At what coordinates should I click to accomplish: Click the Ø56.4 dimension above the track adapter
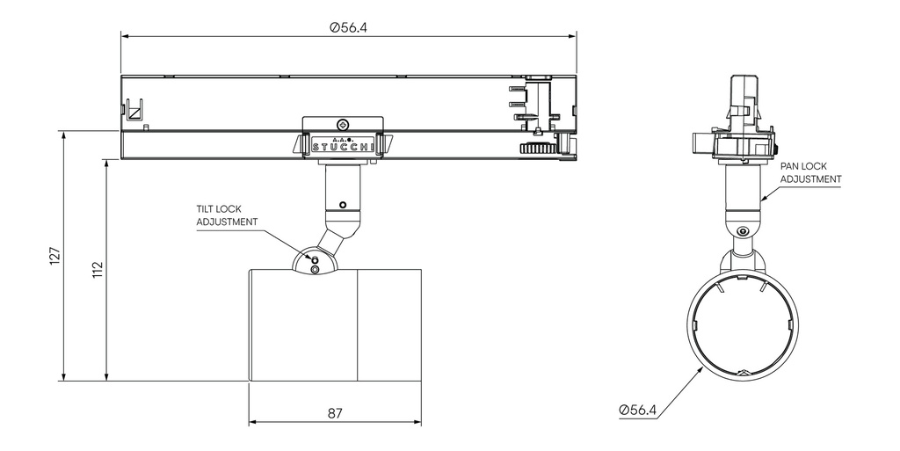349,27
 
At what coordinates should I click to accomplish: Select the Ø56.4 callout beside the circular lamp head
637,410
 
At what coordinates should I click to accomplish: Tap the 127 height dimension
54,256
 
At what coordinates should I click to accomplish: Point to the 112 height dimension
97,269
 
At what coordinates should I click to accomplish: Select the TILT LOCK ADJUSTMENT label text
227,215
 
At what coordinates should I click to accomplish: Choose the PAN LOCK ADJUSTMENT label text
810,172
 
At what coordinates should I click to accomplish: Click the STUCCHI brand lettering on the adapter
344,148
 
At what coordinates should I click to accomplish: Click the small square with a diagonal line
134,112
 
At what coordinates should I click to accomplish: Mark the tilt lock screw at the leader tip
315,259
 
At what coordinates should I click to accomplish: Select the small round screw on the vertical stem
343,205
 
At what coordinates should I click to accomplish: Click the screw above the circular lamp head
744,231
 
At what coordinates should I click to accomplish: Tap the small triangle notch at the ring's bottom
745,373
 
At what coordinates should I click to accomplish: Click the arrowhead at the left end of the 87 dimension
252,423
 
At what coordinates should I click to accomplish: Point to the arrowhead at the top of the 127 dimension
64,135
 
